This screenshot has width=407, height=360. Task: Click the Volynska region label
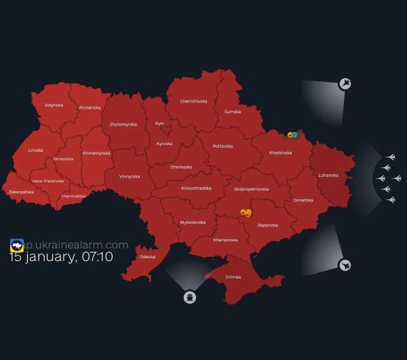54,105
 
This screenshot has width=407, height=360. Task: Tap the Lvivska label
35,150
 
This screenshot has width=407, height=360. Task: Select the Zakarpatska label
21,192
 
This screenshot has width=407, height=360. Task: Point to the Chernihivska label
193,101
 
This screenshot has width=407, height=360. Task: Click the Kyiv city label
160,123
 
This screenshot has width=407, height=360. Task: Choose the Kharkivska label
280,153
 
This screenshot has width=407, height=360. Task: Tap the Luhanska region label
328,175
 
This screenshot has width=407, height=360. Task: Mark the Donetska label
303,200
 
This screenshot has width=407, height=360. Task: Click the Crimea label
233,277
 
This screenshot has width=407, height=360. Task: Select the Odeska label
147,257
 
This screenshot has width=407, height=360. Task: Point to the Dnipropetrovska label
251,189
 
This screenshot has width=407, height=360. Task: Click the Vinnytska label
129,176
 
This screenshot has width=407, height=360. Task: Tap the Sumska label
232,111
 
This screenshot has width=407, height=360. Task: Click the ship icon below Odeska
189,297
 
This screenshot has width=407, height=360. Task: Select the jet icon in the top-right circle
345,84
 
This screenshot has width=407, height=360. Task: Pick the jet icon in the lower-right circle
345,264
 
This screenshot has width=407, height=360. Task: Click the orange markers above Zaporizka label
246,213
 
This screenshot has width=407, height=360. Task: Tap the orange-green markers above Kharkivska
292,136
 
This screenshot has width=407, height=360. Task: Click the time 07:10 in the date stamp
96,257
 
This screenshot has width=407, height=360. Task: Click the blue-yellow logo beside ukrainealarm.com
17,245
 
